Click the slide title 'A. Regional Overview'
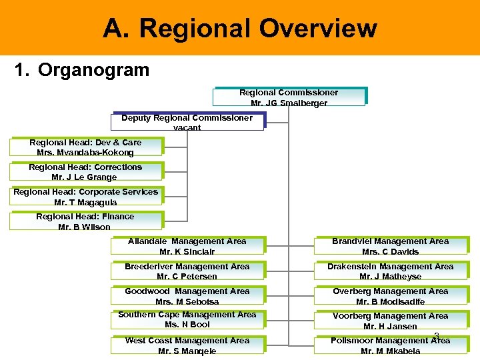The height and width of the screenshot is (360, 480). (240, 29)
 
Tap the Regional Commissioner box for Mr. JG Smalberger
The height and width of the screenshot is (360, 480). (289, 97)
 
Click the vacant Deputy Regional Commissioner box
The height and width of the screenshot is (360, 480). (187, 122)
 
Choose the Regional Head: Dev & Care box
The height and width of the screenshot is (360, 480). (85, 147)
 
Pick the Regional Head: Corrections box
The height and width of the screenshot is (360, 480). (85, 172)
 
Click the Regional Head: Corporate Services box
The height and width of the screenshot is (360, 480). (85, 197)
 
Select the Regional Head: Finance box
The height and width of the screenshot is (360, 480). (85, 221)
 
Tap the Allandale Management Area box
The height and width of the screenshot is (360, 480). (187, 246)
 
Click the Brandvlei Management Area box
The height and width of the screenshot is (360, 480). (391, 246)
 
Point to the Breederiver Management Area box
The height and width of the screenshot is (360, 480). (187, 271)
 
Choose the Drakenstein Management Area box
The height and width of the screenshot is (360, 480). (391, 271)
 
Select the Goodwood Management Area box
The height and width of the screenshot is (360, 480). (187, 296)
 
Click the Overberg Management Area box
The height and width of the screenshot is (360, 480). (391, 296)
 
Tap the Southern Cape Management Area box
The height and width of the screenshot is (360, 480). (187, 319)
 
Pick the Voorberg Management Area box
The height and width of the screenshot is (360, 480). (391, 321)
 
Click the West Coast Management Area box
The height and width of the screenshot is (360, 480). (187, 345)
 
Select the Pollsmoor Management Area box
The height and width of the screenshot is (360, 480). (391, 345)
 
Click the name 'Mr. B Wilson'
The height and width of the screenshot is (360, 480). (85, 227)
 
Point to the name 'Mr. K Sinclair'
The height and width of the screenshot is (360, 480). (187, 251)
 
